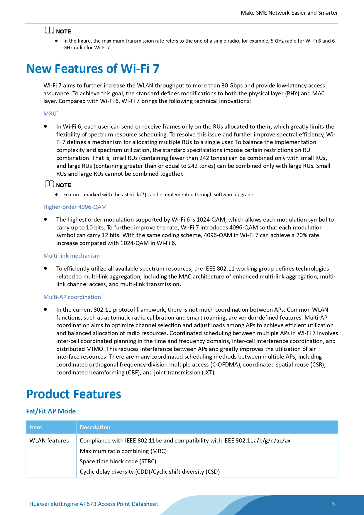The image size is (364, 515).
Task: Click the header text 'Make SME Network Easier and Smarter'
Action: click(x=289, y=13)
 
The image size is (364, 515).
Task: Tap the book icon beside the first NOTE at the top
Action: click(x=49, y=30)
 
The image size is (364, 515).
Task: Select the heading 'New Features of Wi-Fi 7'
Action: click(x=93, y=69)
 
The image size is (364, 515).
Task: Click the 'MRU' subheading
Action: click(x=50, y=114)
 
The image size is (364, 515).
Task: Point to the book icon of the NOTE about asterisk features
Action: click(x=49, y=184)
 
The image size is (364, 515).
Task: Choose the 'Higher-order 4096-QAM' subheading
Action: click(x=75, y=207)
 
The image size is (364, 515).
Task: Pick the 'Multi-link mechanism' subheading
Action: click(x=72, y=256)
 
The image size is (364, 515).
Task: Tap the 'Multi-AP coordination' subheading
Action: click(x=72, y=297)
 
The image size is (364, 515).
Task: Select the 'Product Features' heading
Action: click(x=74, y=394)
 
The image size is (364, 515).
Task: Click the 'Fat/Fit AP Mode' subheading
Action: click(x=51, y=411)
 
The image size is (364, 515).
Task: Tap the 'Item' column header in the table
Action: click(x=35, y=427)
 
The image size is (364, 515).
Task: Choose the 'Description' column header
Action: click(x=95, y=427)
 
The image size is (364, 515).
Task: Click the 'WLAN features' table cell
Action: click(x=49, y=440)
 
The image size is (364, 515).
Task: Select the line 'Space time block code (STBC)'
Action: click(x=118, y=461)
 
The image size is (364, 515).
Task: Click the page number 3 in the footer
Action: click(x=333, y=504)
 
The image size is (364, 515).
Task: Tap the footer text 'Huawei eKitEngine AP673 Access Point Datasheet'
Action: click(x=94, y=504)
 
